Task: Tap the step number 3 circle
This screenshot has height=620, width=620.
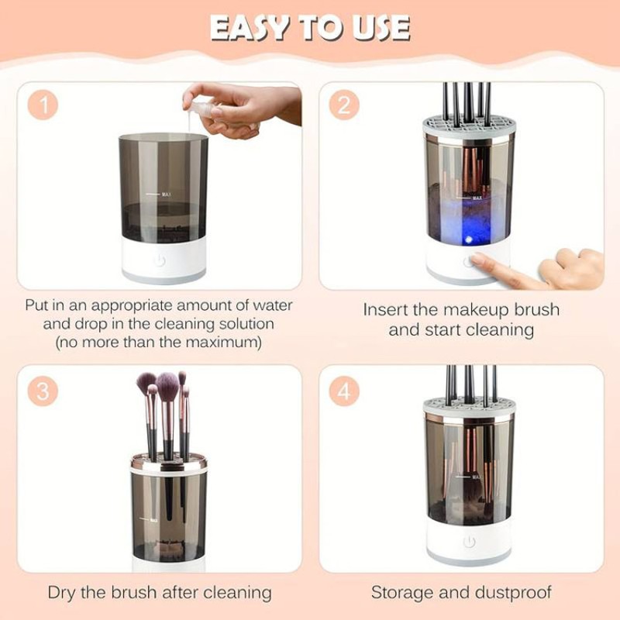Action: click(x=43, y=391)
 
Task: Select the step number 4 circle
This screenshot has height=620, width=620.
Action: click(x=344, y=391)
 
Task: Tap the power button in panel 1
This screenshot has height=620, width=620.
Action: click(x=160, y=260)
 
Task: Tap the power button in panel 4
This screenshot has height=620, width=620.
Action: click(x=469, y=542)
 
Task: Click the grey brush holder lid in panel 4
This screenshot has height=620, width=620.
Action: click(x=469, y=408)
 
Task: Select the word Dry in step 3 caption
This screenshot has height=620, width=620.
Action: click(x=64, y=594)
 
